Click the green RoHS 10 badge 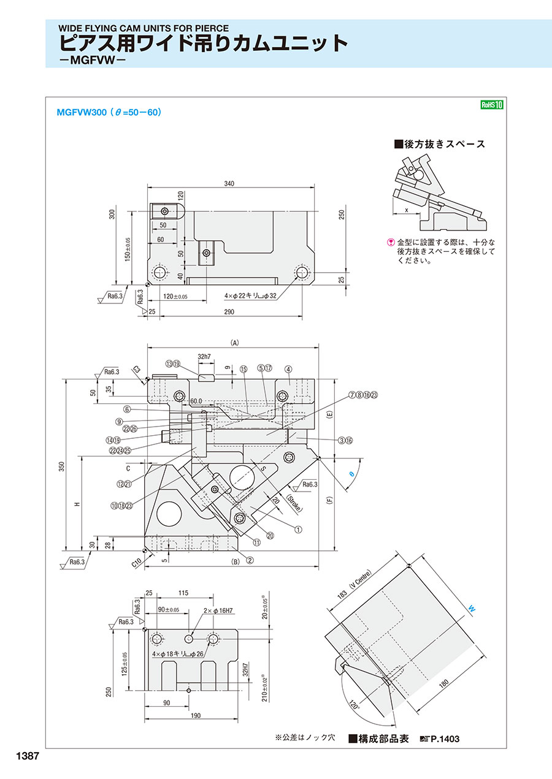pos(492,105)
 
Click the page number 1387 pos(28,756)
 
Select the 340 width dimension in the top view pos(229,183)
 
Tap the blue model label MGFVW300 pos(82,113)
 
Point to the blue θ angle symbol pos(351,473)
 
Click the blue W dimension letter pos(471,609)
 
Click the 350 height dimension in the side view pos(61,466)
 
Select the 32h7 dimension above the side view pos(204,357)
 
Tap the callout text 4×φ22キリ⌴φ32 pos(250,295)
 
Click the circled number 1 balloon pos(298,530)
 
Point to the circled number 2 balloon pos(250,560)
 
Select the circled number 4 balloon pos(288,370)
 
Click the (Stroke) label pos(294,503)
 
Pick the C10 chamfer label pos(137,563)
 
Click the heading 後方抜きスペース pos(440,144)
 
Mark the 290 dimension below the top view pos(229,311)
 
